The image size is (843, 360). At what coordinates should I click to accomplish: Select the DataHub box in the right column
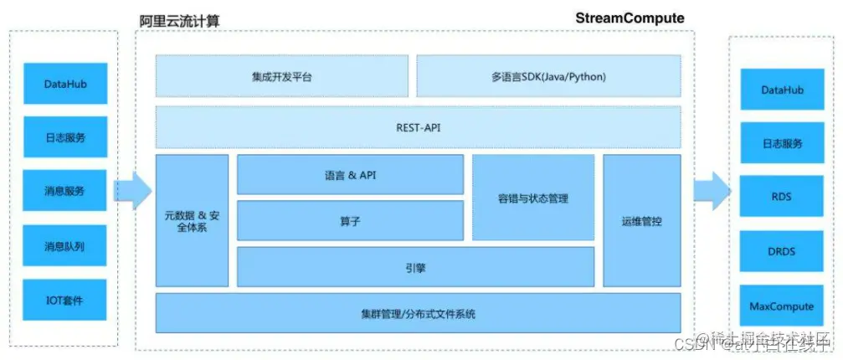coord(781,90)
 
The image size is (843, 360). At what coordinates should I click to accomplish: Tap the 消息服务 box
coord(65,191)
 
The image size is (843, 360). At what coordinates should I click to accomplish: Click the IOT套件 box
coord(65,300)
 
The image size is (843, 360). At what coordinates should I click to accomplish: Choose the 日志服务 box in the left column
coord(65,137)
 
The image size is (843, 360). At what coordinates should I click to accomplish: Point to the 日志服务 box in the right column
coord(781,143)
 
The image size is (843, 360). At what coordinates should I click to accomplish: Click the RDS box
coord(781,197)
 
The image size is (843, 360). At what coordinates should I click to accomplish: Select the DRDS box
coord(781,251)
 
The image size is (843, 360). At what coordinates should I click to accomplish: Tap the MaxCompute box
coord(781,306)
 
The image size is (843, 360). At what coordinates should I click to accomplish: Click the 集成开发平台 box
coord(282,76)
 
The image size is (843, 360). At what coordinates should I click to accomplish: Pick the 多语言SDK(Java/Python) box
coord(549,76)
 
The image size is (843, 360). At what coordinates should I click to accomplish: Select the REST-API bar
coord(418,127)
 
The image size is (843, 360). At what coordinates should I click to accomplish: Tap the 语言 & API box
coord(350,175)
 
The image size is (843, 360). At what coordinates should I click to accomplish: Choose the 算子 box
coord(350,220)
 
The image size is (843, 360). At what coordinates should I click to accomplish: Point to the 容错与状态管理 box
coord(532,198)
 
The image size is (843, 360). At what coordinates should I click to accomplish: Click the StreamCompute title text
coord(630,18)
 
